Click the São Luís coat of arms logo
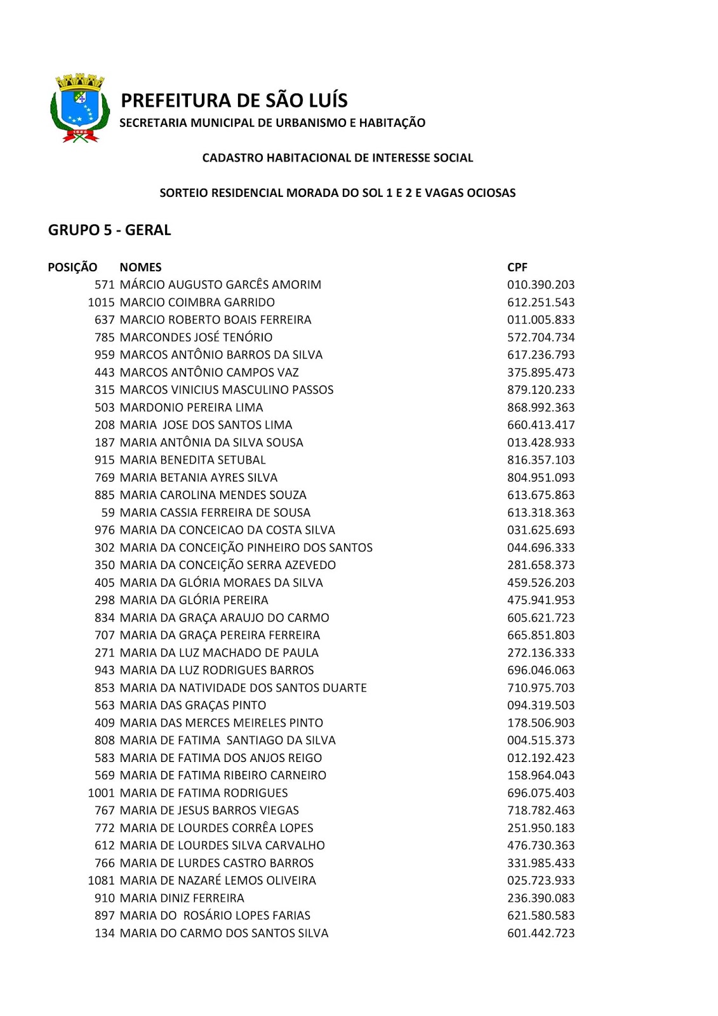[x=78, y=108]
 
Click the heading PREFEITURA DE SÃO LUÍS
[x=234, y=100]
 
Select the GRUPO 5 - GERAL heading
[x=109, y=230]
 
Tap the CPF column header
[x=517, y=267]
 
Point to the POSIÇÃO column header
[x=72, y=267]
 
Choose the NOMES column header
[x=140, y=267]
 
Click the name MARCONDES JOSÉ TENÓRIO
[x=196, y=337]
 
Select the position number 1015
[x=101, y=302]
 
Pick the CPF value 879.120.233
[x=540, y=390]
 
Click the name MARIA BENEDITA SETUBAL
[x=192, y=460]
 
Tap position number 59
[x=108, y=512]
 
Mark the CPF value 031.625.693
[x=540, y=530]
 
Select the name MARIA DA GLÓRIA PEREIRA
[x=194, y=600]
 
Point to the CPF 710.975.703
[x=540, y=688]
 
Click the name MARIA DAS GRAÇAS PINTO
[x=192, y=705]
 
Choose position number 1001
[x=101, y=793]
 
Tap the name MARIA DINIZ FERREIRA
[x=182, y=898]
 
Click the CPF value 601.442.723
[x=540, y=933]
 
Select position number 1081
[x=101, y=881]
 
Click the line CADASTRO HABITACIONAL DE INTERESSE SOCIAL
[x=337, y=158]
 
